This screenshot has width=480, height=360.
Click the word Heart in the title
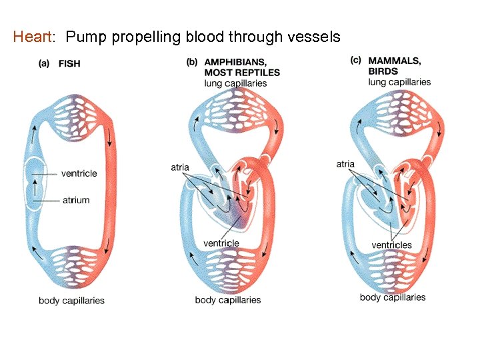31,37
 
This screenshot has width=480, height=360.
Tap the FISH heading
69,64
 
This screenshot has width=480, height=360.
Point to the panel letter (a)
45,64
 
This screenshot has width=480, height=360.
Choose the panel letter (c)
356,61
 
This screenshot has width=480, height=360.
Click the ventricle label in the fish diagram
79,173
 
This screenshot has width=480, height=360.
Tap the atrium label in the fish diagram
76,200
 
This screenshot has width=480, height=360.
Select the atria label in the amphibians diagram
180,167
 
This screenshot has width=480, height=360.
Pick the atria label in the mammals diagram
345,164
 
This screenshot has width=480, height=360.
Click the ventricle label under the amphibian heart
221,243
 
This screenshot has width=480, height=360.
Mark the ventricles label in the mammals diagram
391,245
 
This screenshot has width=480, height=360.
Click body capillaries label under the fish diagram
71,301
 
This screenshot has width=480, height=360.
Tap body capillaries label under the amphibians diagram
227,300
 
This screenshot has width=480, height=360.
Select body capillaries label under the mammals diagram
392,297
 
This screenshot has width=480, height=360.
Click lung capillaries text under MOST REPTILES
235,83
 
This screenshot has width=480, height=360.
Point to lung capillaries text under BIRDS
399,82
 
